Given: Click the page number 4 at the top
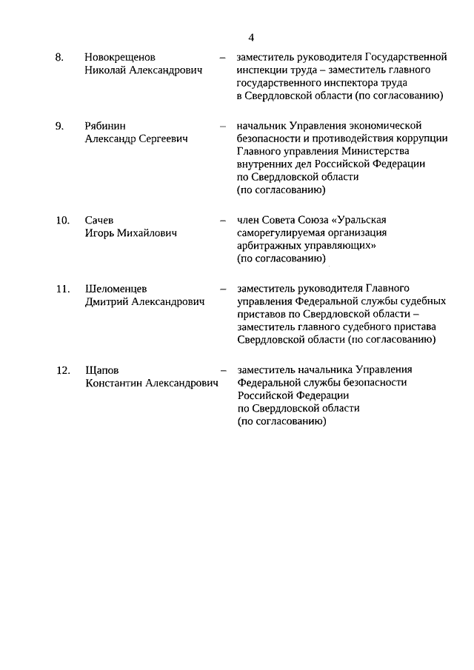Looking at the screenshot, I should (x=252, y=37).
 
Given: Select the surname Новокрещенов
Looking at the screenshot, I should (x=120, y=57).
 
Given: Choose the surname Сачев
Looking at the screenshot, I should (x=100, y=220).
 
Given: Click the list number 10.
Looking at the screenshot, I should (x=62, y=220).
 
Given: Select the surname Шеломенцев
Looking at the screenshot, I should (x=117, y=288).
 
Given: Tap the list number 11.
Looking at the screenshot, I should (x=62, y=288).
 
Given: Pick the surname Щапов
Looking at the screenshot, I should (x=102, y=369).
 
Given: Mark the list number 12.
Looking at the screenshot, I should (x=62, y=369).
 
